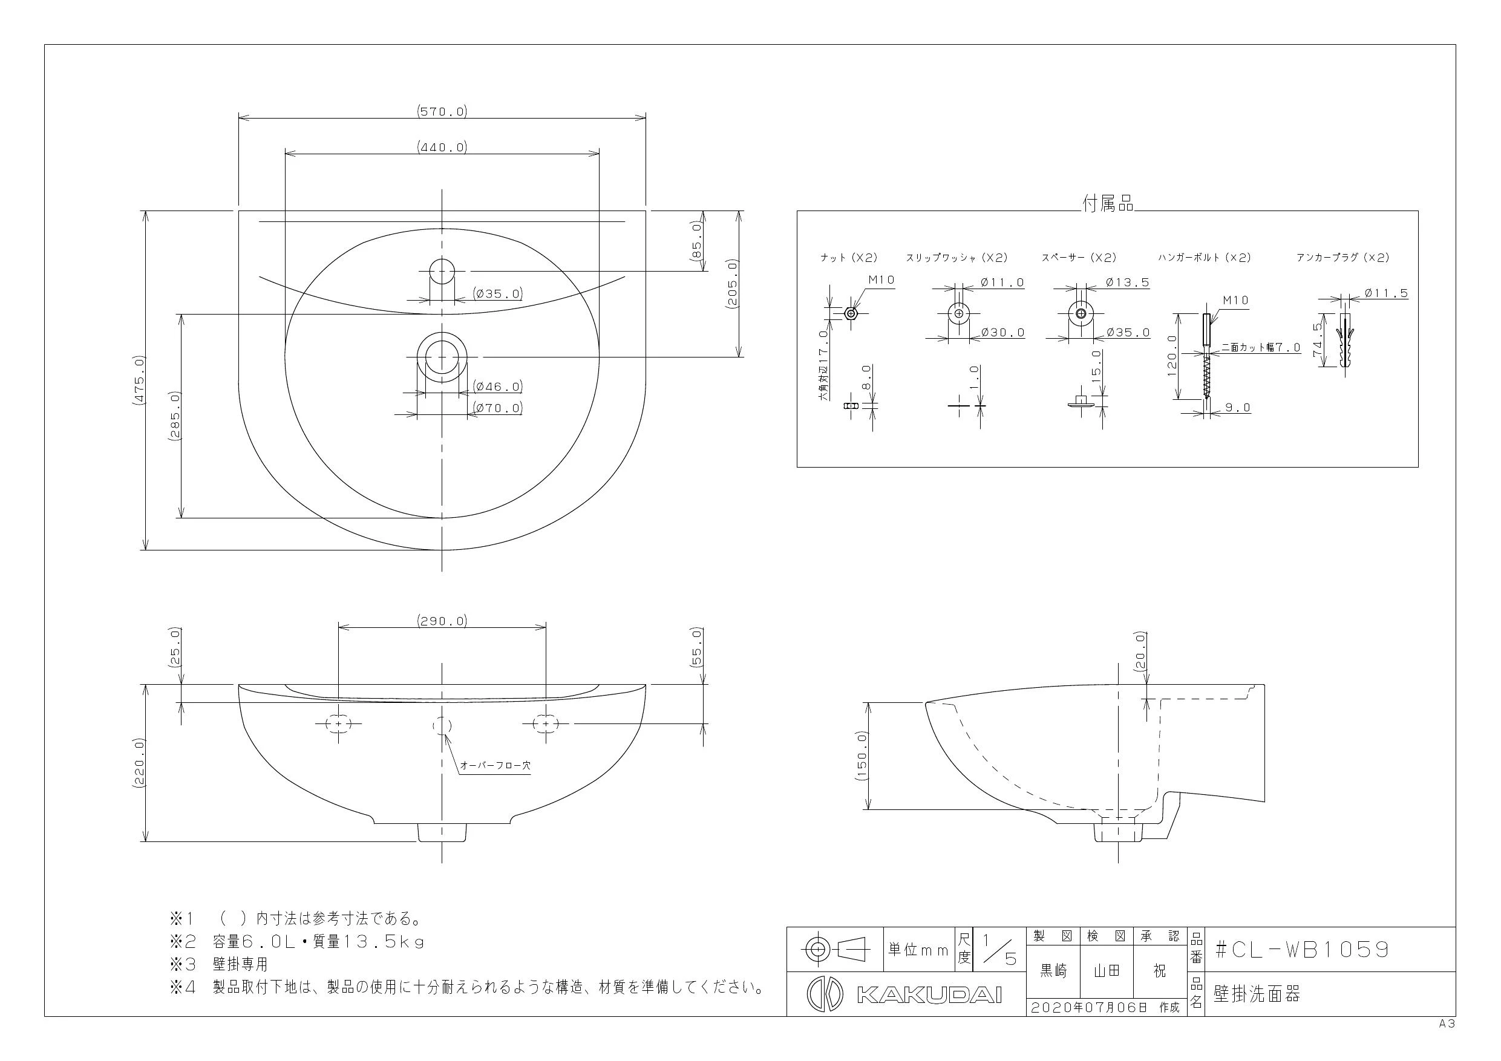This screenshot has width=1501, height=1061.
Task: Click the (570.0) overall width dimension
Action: click(x=442, y=112)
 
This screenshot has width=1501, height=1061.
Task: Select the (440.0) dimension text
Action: click(x=442, y=147)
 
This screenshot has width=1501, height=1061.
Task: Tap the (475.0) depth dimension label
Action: click(x=138, y=381)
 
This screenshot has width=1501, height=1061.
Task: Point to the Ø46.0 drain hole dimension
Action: click(x=498, y=387)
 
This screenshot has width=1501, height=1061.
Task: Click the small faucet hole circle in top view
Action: click(x=442, y=270)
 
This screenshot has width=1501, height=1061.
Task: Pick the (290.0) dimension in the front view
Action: click(x=442, y=621)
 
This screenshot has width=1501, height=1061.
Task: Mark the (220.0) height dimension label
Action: click(x=138, y=763)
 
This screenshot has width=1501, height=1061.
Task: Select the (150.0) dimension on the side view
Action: click(x=861, y=756)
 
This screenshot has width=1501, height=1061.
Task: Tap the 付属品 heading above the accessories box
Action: click(x=1107, y=204)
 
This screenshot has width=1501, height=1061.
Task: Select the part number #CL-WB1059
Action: click(x=1301, y=949)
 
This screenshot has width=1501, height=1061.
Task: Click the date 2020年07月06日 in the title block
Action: click(x=1089, y=1007)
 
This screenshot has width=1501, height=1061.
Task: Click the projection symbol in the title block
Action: click(x=835, y=948)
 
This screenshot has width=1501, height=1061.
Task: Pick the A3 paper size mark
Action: click(x=1446, y=1024)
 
